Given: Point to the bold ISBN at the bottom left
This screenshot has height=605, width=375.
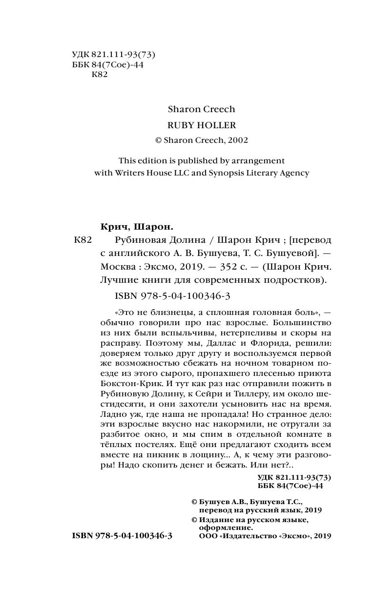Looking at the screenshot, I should pos(122,535).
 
